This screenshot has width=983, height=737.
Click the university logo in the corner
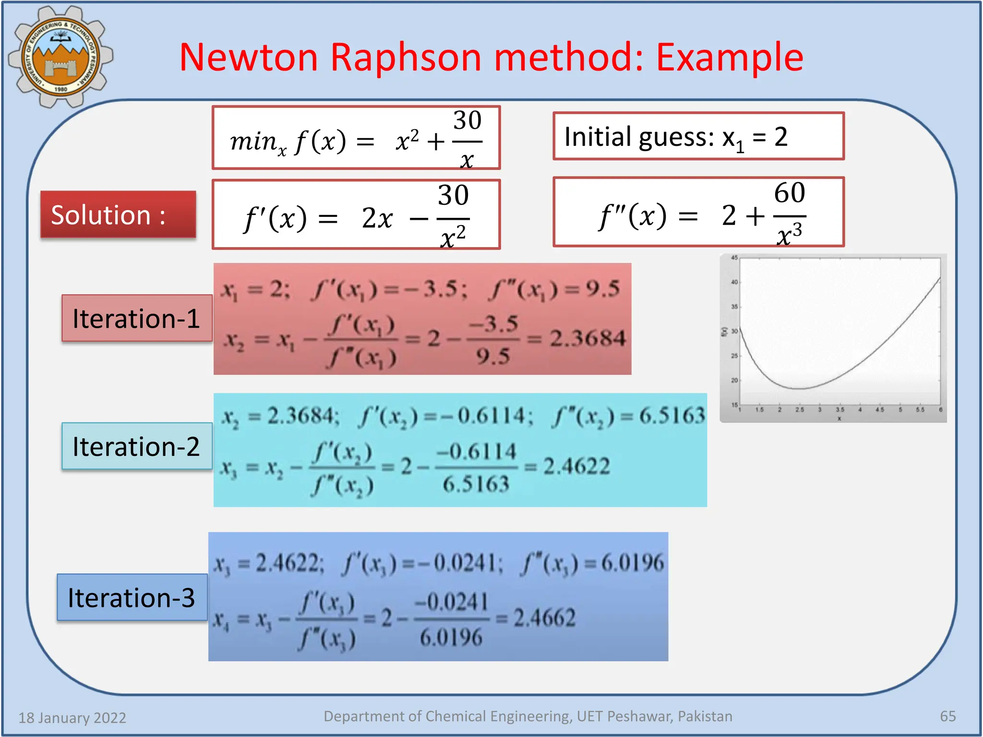[x=60, y=57]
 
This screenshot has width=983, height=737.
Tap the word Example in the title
[x=729, y=58]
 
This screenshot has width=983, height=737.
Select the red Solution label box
[x=118, y=214]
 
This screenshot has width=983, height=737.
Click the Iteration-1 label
[x=136, y=319]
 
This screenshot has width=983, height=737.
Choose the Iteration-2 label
[x=136, y=446]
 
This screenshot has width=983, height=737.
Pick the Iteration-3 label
[x=132, y=598]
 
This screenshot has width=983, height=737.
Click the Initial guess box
[x=698, y=137]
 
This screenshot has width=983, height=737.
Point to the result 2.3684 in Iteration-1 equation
[x=587, y=339]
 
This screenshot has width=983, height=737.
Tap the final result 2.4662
[x=544, y=618]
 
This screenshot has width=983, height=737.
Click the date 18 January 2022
[x=72, y=718]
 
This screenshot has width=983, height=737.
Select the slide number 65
[x=947, y=716]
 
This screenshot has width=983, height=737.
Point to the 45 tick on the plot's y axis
[x=734, y=258]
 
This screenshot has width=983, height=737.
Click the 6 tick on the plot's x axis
[x=940, y=410]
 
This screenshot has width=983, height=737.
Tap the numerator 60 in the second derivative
[x=789, y=193]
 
